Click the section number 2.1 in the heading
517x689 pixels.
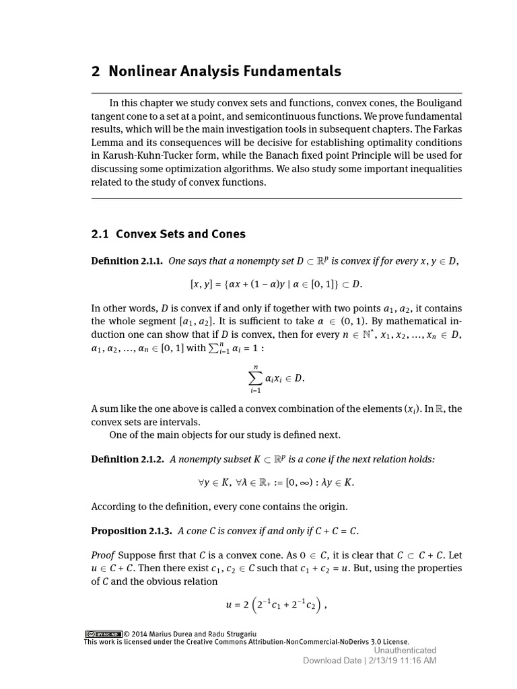tap(100, 234)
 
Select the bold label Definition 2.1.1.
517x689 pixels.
tap(127, 261)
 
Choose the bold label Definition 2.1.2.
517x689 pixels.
tap(127, 459)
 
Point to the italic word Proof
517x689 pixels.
tap(103, 555)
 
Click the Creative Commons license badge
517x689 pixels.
tap(103, 634)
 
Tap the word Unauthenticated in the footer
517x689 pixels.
tap(405, 650)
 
